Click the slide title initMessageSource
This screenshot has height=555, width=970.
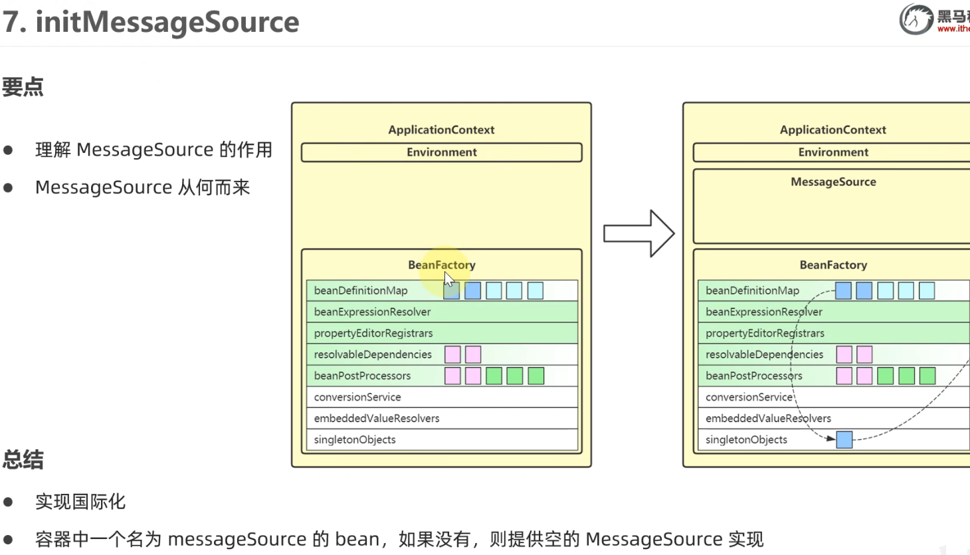pyautogui.click(x=167, y=22)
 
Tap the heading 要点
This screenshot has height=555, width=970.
pyautogui.click(x=23, y=86)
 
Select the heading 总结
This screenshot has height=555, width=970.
pyautogui.click(x=23, y=459)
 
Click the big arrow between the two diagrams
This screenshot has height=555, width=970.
pyautogui.click(x=639, y=233)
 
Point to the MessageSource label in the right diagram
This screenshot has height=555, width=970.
pyautogui.click(x=833, y=182)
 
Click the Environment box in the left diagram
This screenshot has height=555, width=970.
pyautogui.click(x=441, y=152)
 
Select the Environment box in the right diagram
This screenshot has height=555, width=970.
pyautogui.click(x=833, y=152)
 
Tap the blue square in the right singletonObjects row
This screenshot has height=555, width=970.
pyautogui.click(x=844, y=439)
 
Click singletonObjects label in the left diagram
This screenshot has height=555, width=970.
pyautogui.click(x=355, y=439)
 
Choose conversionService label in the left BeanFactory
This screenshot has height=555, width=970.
pyautogui.click(x=357, y=397)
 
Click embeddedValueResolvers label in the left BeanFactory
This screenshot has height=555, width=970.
pyautogui.click(x=377, y=418)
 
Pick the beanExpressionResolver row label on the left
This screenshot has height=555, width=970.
pyautogui.click(x=372, y=312)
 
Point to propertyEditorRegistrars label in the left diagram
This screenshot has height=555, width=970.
pyautogui.click(x=373, y=333)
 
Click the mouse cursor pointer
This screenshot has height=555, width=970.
pyautogui.click(x=448, y=278)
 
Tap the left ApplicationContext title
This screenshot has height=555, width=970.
pyautogui.click(x=441, y=130)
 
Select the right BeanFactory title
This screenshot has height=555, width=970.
pyautogui.click(x=833, y=265)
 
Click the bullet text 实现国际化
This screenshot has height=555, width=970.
pyautogui.click(x=80, y=502)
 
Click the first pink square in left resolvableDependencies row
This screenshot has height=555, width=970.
pyautogui.click(x=452, y=354)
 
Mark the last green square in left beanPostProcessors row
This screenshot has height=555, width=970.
pyautogui.click(x=535, y=376)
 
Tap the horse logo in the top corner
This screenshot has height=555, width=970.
pyautogui.click(x=916, y=19)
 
